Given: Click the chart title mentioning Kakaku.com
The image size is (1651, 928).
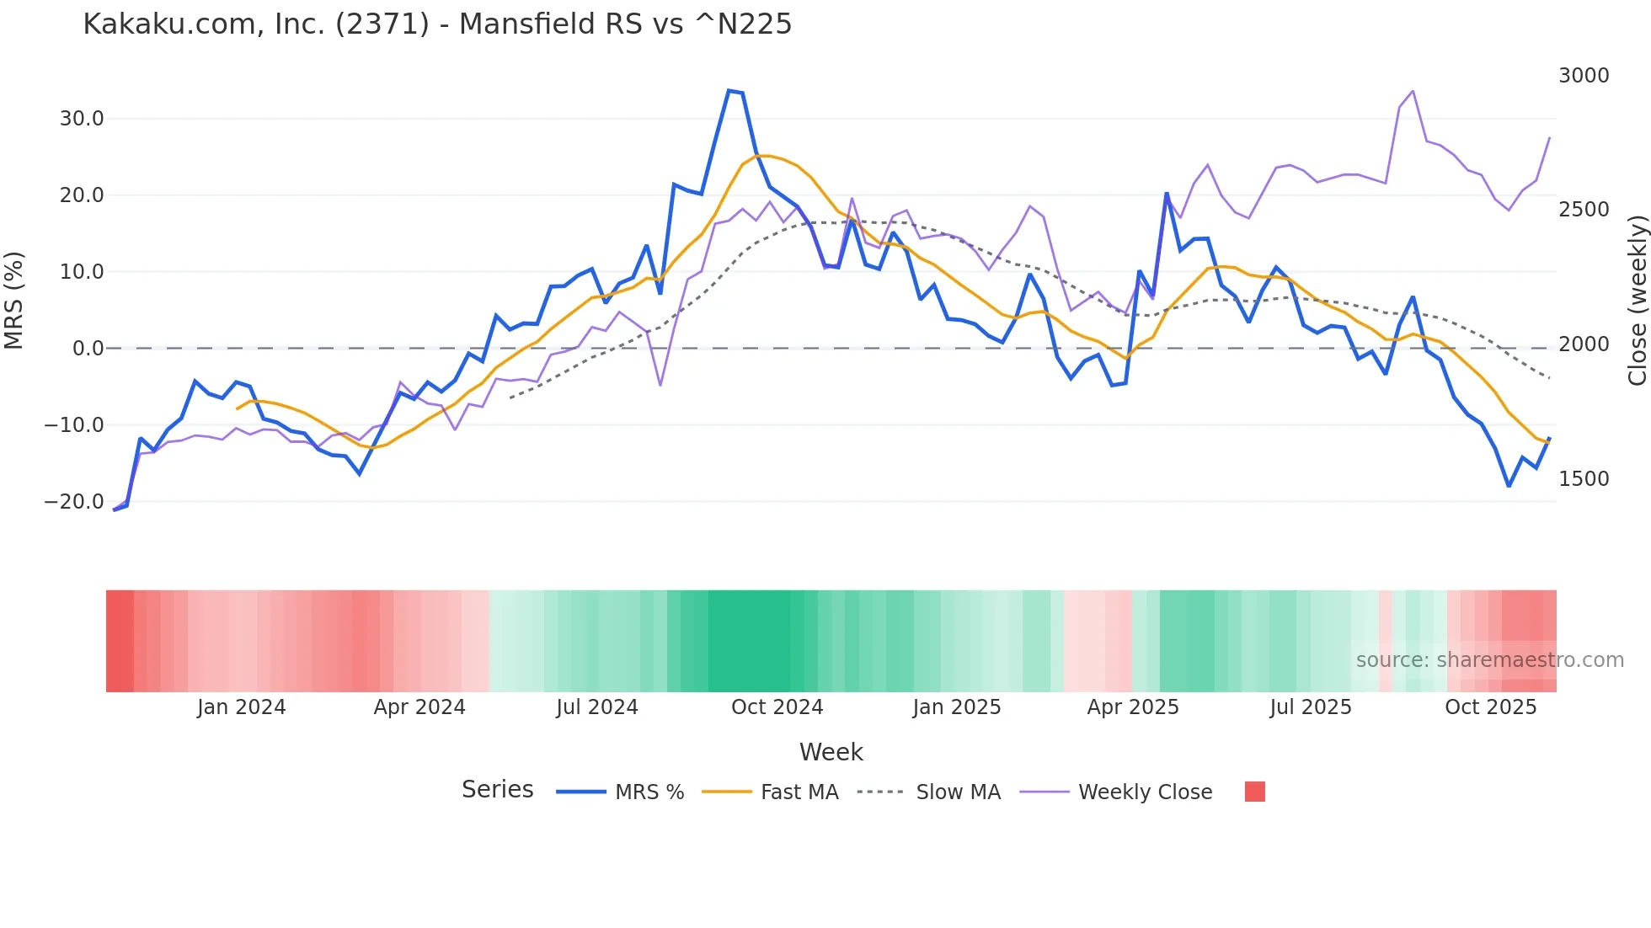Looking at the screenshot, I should (437, 24).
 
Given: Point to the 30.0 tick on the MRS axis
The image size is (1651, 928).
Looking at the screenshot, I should (82, 119).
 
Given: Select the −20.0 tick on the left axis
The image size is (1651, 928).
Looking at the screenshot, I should (74, 502).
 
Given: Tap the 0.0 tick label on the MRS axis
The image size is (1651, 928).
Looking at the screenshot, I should (88, 349).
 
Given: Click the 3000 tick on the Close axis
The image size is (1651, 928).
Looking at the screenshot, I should (1584, 76).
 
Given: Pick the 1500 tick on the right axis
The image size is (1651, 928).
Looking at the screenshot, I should (1584, 479).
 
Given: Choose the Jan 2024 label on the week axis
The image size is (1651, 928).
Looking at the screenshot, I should (242, 707).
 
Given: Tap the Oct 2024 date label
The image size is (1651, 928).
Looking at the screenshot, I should (777, 707).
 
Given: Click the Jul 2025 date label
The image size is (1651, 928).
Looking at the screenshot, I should (1311, 707).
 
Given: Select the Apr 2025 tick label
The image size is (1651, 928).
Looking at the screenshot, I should (1133, 707).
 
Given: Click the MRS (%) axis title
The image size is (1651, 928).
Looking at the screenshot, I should (14, 301).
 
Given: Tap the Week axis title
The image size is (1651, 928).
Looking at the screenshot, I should (831, 752).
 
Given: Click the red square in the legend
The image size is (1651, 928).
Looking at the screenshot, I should (1254, 792).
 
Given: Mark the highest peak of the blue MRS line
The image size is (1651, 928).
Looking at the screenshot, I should (729, 90).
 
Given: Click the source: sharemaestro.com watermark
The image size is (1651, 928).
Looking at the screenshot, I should (1489, 660).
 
